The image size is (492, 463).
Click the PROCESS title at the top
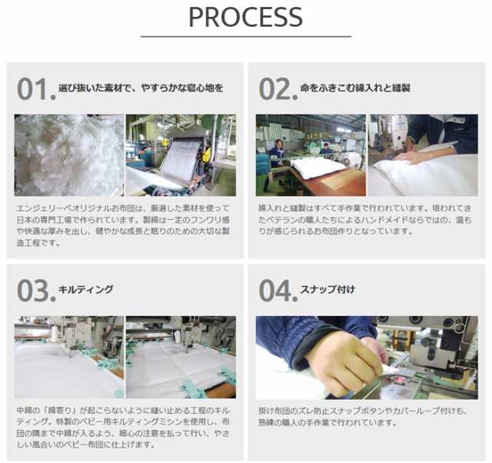coord(246,17)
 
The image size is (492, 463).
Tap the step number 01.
coord(36,89)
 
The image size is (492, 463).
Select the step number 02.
coord(278,89)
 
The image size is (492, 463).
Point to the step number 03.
coord(36,291)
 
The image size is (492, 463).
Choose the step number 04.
coord(278,291)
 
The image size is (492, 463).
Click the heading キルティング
coord(85,289)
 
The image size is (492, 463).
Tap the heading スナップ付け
coord(327,289)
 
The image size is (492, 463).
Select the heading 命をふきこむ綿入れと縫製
coord(355,88)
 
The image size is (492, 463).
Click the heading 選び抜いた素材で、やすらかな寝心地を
coord(141,88)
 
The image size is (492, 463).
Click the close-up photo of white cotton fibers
coord(69,155)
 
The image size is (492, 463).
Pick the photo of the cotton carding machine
coord(181,155)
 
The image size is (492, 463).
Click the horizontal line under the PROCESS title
coord(246,36)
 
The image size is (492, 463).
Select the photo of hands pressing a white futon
coord(423,155)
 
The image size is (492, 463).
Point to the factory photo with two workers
coord(311,155)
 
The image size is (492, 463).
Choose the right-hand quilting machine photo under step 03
coord(181,357)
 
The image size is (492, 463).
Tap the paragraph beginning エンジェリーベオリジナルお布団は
coord(123,225)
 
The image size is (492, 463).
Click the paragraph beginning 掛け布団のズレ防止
coord(363,417)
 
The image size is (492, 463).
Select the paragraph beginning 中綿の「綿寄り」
coord(123,428)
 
